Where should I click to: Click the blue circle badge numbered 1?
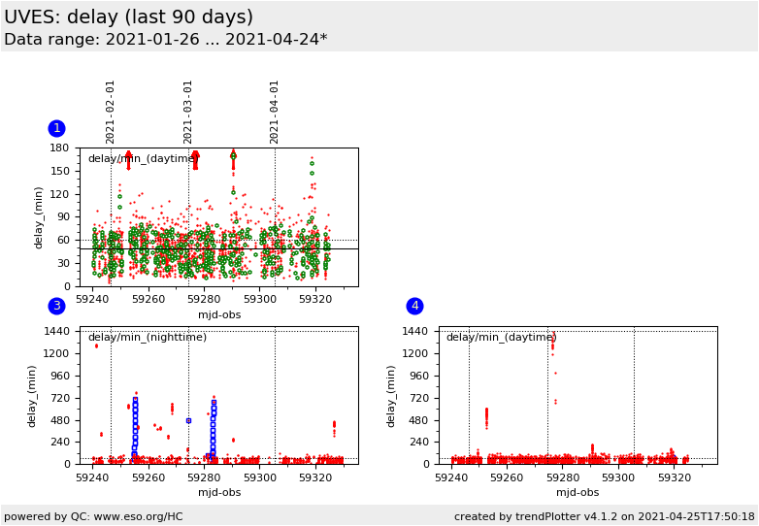click(56, 128)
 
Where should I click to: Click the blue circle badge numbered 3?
click(56, 306)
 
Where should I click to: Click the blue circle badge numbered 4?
click(414, 306)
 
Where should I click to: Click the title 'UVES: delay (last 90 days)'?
click(128, 17)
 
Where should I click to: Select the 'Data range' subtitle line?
click(165, 40)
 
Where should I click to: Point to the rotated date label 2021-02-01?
click(111, 112)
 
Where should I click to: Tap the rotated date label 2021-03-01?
click(188, 112)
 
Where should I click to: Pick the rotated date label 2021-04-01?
click(275, 112)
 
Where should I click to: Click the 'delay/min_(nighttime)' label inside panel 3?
click(147, 338)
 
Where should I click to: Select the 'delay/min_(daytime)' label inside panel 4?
click(501, 338)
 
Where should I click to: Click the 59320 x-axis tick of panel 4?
click(674, 478)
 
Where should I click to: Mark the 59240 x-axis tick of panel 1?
click(93, 301)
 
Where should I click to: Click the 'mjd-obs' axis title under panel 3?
click(219, 493)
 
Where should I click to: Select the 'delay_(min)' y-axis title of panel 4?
click(392, 396)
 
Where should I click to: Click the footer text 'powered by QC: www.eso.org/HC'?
click(93, 517)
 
